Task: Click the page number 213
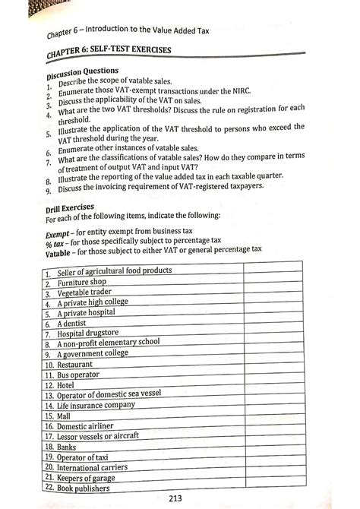click(x=180, y=498)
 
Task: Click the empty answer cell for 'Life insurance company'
click(x=271, y=406)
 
